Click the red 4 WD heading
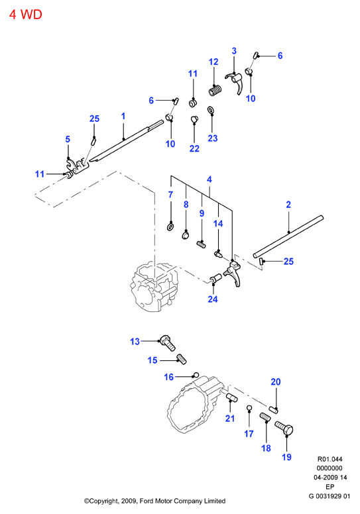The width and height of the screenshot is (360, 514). (x=26, y=15)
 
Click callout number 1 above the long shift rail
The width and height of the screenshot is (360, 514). (x=123, y=116)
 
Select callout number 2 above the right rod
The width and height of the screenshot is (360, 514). (x=288, y=205)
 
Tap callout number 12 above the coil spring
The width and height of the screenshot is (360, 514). (x=213, y=62)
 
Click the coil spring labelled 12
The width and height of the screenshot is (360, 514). (x=215, y=90)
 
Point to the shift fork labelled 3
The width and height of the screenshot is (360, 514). (x=235, y=82)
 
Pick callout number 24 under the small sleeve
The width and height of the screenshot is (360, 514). (x=213, y=299)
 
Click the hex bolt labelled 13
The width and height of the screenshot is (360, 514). (x=168, y=343)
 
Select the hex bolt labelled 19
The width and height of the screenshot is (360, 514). (x=284, y=429)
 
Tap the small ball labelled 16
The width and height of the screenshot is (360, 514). (x=196, y=374)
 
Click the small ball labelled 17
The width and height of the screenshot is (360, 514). (x=249, y=407)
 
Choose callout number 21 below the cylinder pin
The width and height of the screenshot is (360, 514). (x=230, y=418)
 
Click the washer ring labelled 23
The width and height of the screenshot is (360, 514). (x=210, y=109)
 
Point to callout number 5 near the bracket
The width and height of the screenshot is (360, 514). (x=68, y=139)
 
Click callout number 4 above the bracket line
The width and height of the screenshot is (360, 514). (x=210, y=180)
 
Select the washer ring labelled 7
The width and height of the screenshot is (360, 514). (x=170, y=227)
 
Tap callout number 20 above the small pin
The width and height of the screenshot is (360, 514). (x=276, y=382)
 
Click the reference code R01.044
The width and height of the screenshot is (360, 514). (x=330, y=459)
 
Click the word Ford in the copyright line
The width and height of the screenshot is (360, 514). (x=147, y=501)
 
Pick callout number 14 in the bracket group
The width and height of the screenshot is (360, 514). (x=218, y=224)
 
